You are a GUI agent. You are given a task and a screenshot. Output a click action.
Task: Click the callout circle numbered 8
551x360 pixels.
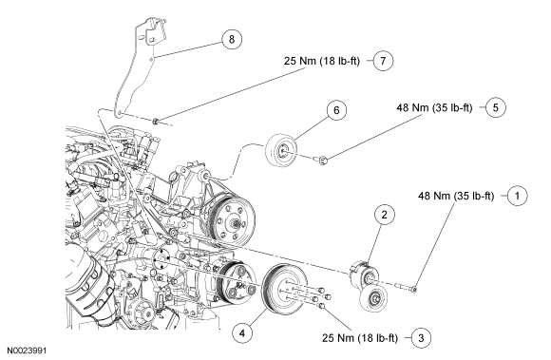(x=232, y=39)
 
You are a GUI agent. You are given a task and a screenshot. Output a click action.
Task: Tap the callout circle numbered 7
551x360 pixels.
(x=383, y=61)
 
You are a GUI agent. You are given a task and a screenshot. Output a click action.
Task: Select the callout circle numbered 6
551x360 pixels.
(x=336, y=110)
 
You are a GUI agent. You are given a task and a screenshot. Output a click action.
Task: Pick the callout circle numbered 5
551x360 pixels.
(x=496, y=107)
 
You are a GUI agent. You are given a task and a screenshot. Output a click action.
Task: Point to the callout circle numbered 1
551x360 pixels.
(x=517, y=196)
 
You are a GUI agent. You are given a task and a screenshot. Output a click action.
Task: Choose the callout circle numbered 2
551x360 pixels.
(x=384, y=215)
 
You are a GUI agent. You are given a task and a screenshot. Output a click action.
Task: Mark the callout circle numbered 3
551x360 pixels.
(x=421, y=338)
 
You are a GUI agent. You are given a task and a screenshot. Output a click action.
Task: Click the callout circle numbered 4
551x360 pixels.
(x=242, y=332)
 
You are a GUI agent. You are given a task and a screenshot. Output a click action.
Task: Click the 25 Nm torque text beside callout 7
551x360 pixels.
(x=322, y=61)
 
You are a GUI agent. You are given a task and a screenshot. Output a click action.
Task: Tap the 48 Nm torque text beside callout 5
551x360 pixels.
(x=434, y=107)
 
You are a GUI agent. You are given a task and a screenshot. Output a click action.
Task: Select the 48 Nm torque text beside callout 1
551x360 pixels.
(x=456, y=196)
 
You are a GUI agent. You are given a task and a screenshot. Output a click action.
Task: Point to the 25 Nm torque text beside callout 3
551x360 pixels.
(x=360, y=338)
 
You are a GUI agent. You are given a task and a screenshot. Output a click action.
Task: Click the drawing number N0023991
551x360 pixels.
(x=27, y=351)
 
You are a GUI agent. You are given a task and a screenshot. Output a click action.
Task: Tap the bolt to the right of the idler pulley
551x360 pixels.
(x=321, y=161)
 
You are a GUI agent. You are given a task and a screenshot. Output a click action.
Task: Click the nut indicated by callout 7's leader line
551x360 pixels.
(x=155, y=122)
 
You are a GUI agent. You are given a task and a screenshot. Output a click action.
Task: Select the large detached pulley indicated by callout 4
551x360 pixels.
(x=285, y=288)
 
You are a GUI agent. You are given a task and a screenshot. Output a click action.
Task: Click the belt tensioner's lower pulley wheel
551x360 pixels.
(x=374, y=298)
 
